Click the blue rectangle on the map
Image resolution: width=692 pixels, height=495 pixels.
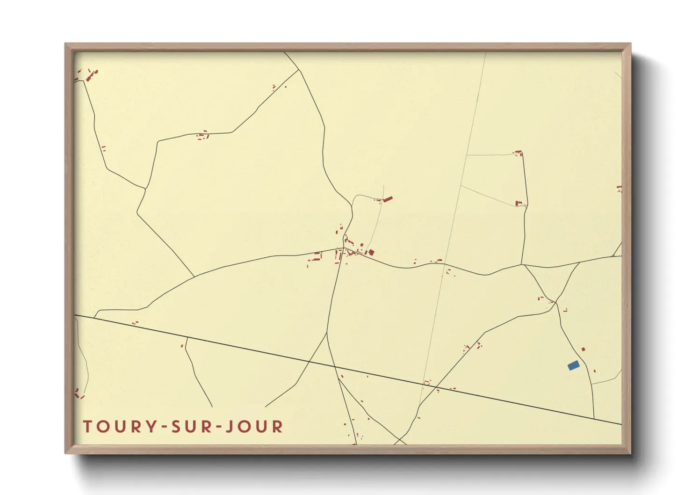(573, 365)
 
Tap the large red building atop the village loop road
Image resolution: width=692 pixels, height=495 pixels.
(388, 199)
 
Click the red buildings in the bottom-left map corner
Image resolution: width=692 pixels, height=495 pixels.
(79, 393)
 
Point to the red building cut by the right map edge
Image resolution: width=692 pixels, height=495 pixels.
(620, 189)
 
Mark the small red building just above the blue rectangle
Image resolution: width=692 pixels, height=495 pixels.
(583, 349)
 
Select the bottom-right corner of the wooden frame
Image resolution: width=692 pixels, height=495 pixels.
(630, 452)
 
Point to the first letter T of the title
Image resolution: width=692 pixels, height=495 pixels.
(87, 427)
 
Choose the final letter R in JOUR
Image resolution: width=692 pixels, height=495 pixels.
(278, 427)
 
